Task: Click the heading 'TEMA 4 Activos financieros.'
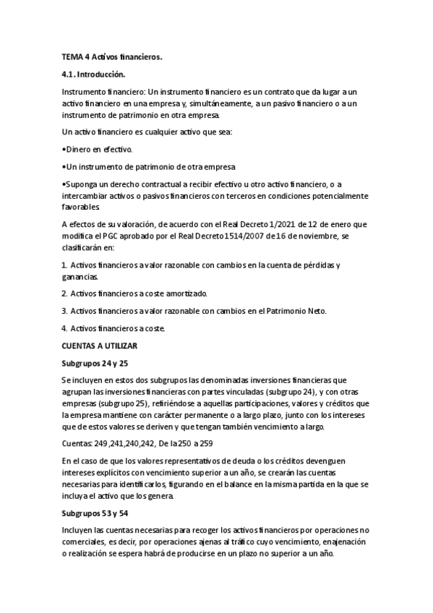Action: [111, 57]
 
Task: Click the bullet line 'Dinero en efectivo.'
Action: [98, 150]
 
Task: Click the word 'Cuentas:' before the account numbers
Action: [77, 442]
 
